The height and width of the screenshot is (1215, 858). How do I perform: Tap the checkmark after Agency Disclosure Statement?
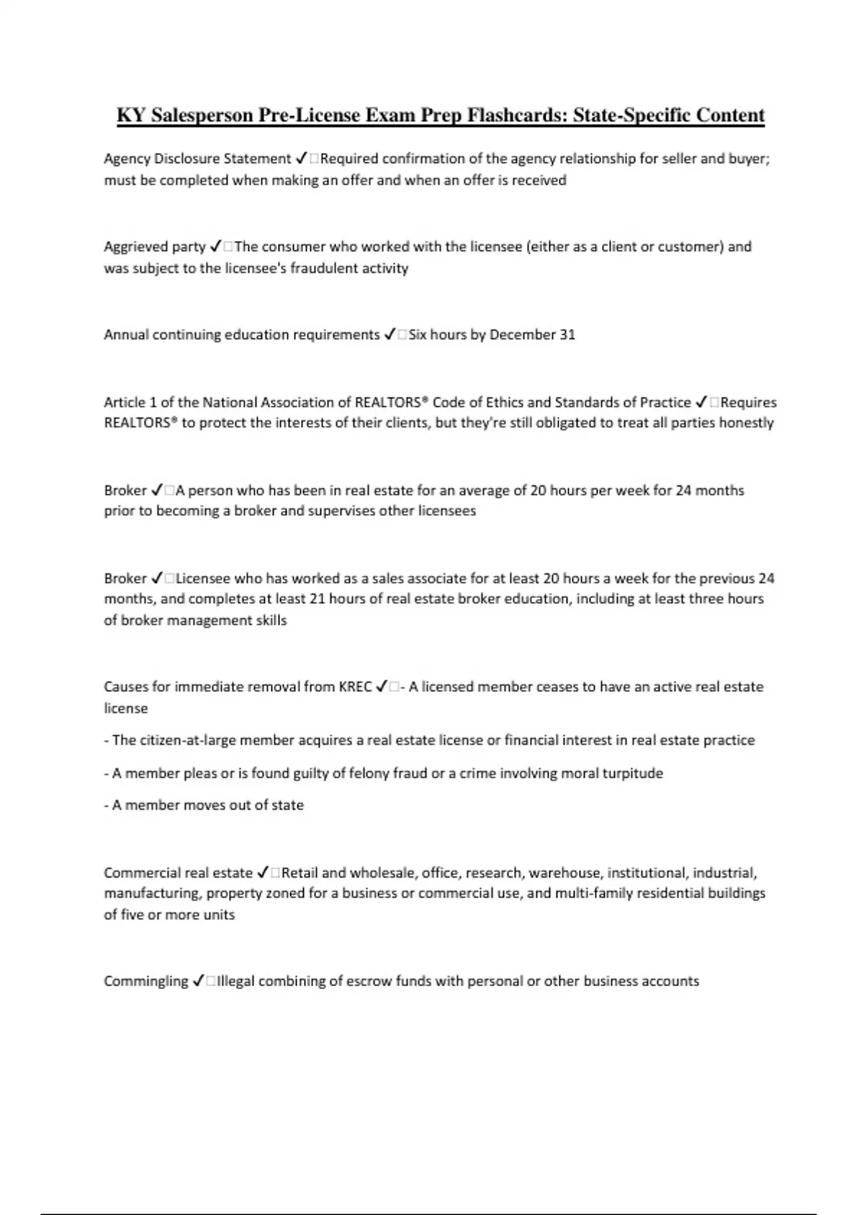(x=301, y=159)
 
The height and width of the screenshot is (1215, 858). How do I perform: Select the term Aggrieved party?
(x=154, y=247)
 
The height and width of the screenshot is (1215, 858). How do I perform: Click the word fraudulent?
(x=325, y=269)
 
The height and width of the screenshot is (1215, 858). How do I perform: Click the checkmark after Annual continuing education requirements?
(x=390, y=334)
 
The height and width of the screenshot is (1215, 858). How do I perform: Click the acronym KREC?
(x=355, y=687)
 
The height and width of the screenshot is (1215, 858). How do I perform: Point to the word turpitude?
(x=633, y=773)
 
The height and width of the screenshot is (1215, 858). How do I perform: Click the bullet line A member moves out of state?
(x=204, y=805)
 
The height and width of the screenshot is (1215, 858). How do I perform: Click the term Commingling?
(x=146, y=981)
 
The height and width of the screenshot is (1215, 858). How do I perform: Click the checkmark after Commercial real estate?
(x=262, y=873)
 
